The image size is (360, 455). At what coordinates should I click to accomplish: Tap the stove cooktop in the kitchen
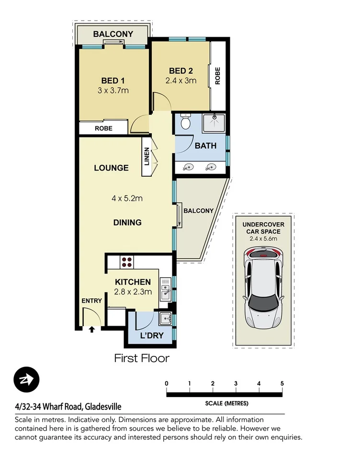tap(127, 262)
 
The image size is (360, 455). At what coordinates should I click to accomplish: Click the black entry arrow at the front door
tap(92, 329)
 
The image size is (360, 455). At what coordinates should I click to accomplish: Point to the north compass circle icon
tap(26, 380)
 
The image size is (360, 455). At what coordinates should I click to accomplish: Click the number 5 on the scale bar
tap(282, 384)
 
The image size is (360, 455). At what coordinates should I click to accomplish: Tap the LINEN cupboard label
tap(146, 157)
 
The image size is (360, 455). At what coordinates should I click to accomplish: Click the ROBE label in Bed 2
tap(218, 75)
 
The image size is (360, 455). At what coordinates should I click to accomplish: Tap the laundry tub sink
tap(165, 318)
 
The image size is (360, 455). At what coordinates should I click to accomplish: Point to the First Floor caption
tap(141, 358)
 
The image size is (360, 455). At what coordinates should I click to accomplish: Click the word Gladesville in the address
tap(103, 407)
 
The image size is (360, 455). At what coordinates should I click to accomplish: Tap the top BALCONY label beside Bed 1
tap(113, 34)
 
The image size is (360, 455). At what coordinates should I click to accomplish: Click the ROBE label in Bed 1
tap(103, 128)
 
